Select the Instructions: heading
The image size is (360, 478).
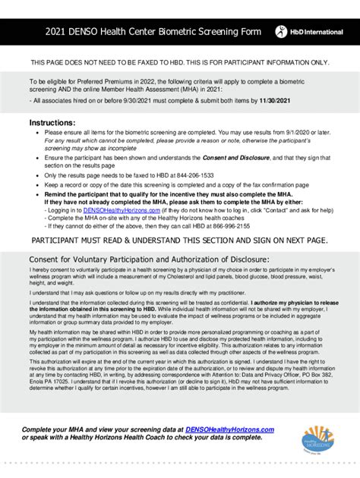tap(52, 122)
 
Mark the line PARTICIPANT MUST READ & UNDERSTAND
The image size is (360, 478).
tap(179, 241)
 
